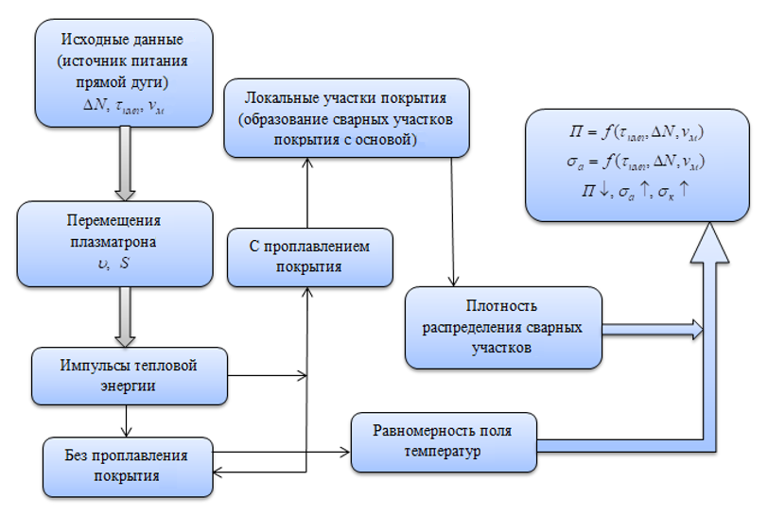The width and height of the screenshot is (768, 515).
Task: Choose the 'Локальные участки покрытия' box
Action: pos(345,117)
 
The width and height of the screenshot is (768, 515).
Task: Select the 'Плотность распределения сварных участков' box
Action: pos(503,327)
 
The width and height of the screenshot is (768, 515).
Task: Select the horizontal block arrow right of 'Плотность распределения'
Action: pos(653,328)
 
